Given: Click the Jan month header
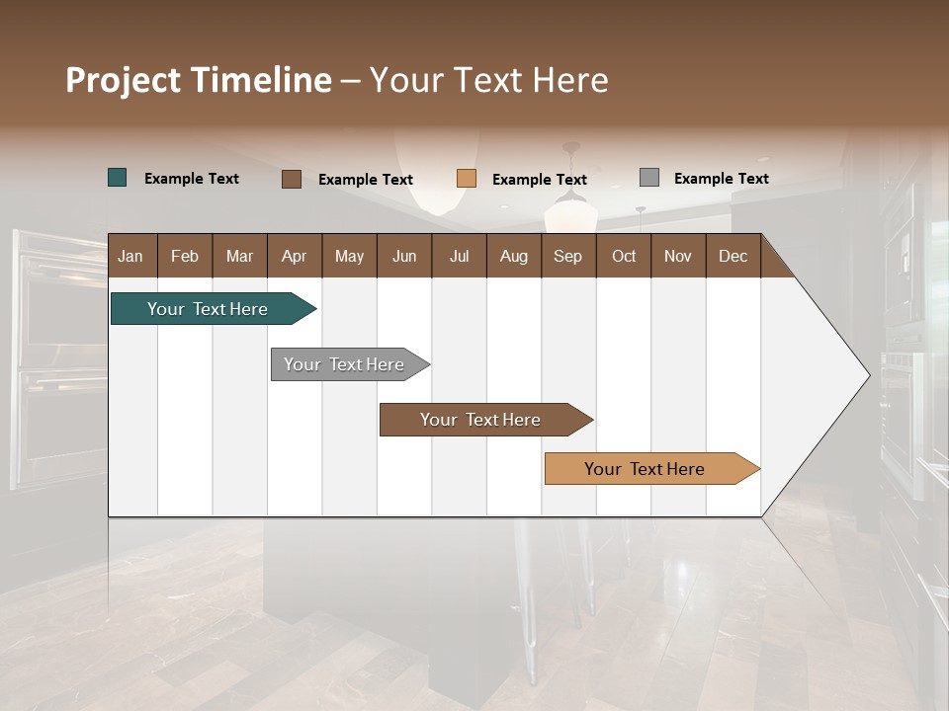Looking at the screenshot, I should (130, 256).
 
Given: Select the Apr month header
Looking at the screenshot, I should (294, 256).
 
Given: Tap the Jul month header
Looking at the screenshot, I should (459, 256).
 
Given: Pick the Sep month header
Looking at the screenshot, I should (567, 256).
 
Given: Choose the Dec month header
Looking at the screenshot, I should (733, 256).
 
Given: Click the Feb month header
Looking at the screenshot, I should (185, 256).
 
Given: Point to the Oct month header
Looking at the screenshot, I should (624, 256).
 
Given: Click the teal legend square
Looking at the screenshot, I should (118, 178).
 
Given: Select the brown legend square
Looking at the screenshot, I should (292, 179).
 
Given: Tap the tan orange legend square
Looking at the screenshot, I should (467, 179).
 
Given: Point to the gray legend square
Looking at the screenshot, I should (649, 178).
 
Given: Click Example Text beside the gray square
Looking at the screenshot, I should (721, 179).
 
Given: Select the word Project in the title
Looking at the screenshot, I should (123, 80).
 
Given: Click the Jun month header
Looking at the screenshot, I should (403, 256).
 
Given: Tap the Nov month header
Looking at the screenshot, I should (677, 256).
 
